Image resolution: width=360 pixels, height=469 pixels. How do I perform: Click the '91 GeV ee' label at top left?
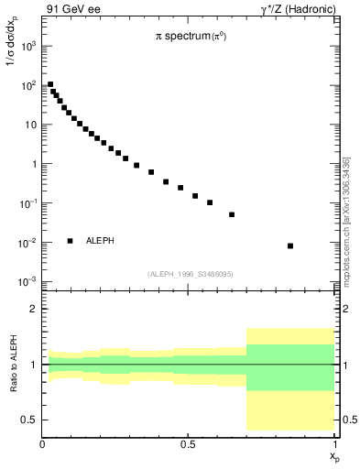coord(69,8)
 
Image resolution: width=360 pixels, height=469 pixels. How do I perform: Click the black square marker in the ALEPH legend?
coord(70,241)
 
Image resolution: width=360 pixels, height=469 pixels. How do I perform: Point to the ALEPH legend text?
coord(101,241)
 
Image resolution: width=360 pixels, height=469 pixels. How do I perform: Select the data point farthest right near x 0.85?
coord(290,245)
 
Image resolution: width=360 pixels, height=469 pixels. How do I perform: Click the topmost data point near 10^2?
coord(50,84)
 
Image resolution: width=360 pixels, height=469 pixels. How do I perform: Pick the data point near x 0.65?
coord(232,214)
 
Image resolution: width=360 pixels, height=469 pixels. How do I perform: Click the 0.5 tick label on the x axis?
coord(188,444)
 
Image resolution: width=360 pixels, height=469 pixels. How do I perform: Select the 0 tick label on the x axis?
coord(42,444)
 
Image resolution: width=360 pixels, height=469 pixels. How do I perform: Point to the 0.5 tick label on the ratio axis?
coord(28,420)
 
